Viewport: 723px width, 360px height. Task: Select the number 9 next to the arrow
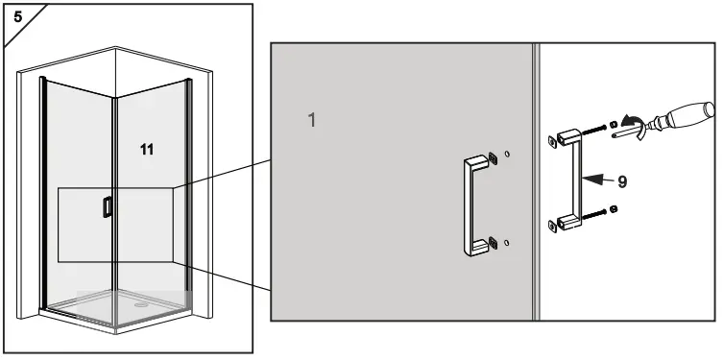tap(622, 180)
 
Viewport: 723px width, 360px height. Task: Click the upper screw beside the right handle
tap(596, 129)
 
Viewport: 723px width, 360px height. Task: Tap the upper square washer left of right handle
tap(554, 142)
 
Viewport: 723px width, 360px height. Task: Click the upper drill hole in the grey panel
tap(507, 153)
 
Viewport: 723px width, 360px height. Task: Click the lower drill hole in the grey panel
tap(507, 243)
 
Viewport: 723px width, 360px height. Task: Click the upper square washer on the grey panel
tap(494, 158)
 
